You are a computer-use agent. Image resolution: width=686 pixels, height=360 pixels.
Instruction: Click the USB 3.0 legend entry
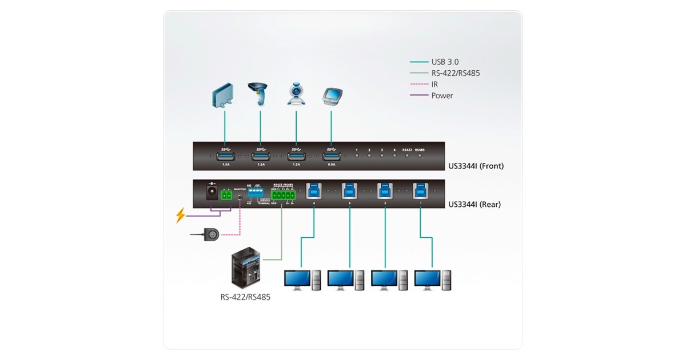445,62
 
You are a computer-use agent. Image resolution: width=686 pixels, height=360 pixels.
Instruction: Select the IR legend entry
435,85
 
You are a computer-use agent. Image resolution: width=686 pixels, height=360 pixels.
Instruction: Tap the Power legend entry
442,95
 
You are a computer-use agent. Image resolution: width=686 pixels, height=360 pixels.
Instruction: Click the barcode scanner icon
258,94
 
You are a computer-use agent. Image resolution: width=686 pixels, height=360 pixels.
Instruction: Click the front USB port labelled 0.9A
332,157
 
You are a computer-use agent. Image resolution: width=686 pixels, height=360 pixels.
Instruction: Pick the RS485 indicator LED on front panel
420,155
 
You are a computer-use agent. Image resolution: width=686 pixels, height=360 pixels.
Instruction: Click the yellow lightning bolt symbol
180,215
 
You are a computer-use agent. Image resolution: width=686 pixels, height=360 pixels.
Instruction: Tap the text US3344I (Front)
476,166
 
